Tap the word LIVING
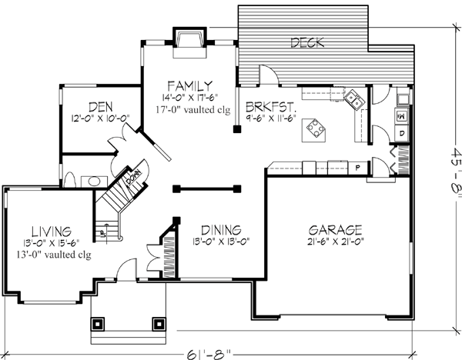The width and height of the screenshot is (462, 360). (x=52, y=231)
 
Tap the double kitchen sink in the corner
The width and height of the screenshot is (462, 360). (x=355, y=98)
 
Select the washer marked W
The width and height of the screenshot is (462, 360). (x=401, y=115)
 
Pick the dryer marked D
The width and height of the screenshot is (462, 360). (x=401, y=132)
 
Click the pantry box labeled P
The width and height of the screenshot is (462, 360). (x=357, y=166)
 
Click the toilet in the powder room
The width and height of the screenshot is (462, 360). (x=69, y=180)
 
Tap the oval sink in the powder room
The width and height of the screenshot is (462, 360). (x=92, y=181)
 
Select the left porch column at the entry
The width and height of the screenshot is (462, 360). (x=98, y=324)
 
